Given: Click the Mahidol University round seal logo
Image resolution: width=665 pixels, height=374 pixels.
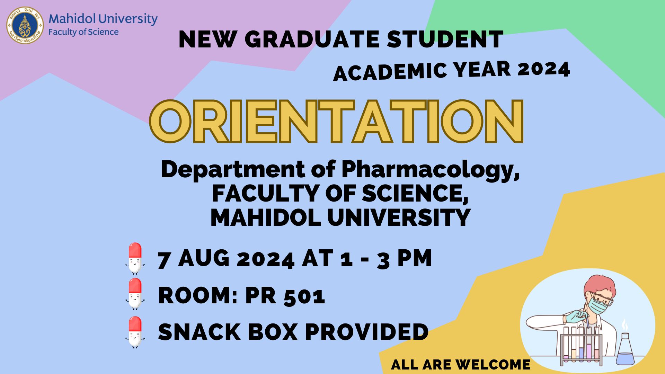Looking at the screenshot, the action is pyautogui.click(x=25, y=25).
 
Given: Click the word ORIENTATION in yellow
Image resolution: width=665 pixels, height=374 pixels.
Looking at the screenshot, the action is pyautogui.click(x=336, y=122).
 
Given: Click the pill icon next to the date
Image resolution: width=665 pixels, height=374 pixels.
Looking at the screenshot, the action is pyautogui.click(x=135, y=258).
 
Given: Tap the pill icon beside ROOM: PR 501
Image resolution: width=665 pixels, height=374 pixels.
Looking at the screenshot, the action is pyautogui.click(x=135, y=294).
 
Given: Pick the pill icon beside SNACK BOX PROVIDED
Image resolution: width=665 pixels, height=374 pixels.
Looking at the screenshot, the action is pyautogui.click(x=135, y=332).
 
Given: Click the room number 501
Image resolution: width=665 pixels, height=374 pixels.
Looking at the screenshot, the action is pyautogui.click(x=304, y=296).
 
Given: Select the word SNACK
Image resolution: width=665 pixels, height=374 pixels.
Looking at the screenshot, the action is pyautogui.click(x=199, y=332).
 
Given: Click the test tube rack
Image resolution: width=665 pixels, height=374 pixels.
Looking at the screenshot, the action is pyautogui.click(x=582, y=346).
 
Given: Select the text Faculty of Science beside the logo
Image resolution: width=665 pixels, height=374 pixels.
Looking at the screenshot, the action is pyautogui.click(x=83, y=32).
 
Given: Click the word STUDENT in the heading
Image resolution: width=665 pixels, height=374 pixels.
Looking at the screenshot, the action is pyautogui.click(x=445, y=39).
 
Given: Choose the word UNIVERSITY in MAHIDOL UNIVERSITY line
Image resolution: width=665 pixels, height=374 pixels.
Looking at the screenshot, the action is pyautogui.click(x=399, y=217).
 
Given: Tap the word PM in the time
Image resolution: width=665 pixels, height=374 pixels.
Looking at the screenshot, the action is pyautogui.click(x=415, y=258).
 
